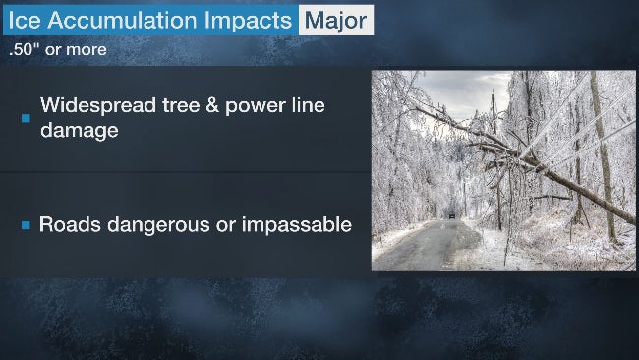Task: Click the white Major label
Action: click(x=335, y=20)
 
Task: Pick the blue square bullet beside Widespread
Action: click(x=26, y=118)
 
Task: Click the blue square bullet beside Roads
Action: click(x=26, y=225)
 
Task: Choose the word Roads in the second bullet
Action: click(x=70, y=224)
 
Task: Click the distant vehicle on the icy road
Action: click(x=451, y=214)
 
